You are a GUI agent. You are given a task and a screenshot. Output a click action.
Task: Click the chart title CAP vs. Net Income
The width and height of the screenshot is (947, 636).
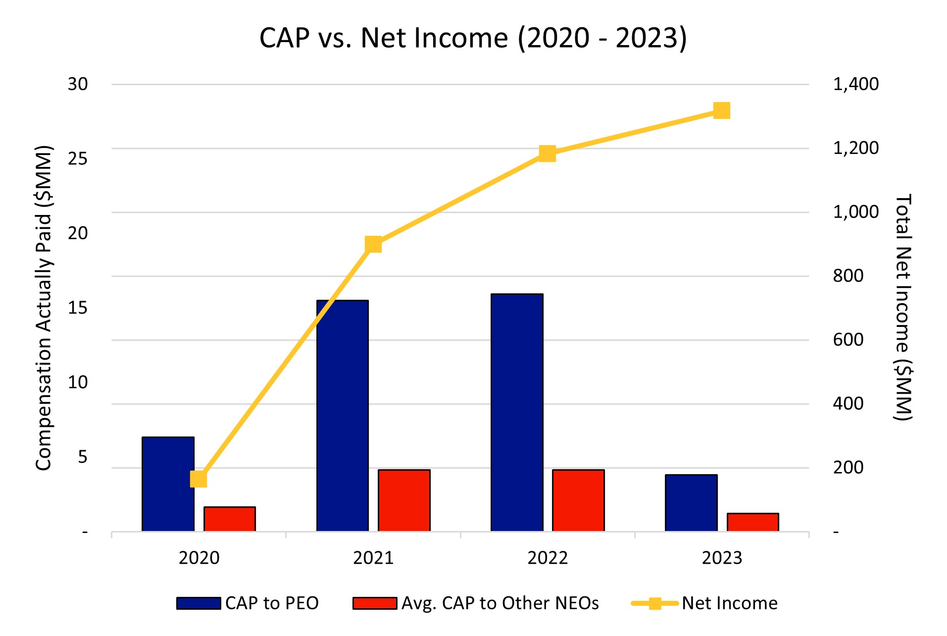(473, 38)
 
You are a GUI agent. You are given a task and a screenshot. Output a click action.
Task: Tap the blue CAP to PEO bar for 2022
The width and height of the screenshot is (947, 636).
(517, 413)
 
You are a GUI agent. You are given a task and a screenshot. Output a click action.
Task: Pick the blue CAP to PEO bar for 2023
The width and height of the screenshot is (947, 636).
(691, 503)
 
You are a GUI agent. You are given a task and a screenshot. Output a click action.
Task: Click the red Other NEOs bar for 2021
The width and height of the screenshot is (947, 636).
(404, 500)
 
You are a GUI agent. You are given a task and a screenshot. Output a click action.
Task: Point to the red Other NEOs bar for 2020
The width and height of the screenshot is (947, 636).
(229, 519)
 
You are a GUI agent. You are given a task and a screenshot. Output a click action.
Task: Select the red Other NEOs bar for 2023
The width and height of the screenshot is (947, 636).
(752, 522)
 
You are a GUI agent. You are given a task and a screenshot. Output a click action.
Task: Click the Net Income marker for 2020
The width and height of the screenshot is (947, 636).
(199, 479)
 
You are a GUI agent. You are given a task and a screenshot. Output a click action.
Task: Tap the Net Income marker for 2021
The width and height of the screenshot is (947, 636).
(373, 244)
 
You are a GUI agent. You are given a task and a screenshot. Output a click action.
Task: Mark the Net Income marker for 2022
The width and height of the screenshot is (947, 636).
(548, 154)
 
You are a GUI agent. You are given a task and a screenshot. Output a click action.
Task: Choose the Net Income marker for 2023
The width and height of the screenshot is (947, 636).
(722, 110)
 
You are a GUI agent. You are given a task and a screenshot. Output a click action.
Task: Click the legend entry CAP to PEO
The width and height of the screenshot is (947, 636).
(248, 603)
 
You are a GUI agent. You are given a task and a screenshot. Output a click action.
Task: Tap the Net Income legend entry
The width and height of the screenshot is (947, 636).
(704, 603)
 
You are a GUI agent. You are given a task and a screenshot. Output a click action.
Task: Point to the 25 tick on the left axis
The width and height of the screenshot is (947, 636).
(78, 159)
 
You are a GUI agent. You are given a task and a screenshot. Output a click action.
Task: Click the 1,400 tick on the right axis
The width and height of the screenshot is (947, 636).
(856, 84)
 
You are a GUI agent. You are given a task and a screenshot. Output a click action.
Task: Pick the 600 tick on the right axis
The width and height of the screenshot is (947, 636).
(848, 340)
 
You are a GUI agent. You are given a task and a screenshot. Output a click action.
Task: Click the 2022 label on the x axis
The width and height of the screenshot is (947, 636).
(548, 558)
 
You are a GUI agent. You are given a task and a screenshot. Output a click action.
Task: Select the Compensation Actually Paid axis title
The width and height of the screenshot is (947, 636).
(44, 308)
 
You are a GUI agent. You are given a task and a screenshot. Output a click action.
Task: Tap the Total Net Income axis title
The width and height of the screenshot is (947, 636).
(903, 308)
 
